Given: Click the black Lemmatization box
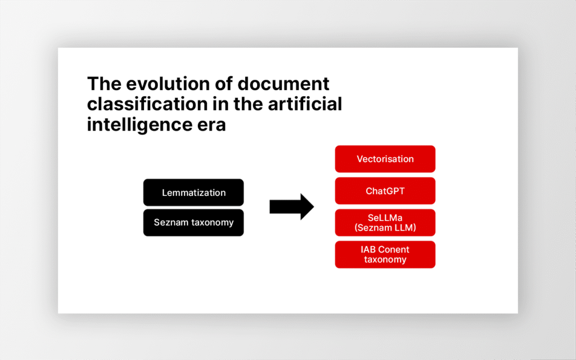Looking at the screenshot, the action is (193, 192).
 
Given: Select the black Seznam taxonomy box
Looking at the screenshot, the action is (193, 223).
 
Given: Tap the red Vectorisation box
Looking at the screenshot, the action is (385, 159).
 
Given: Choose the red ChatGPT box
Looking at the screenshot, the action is (385, 191).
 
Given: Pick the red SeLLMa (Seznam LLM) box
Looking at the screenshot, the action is (385, 223).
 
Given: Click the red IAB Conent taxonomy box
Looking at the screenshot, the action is (385, 255).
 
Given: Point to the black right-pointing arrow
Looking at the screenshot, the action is (292, 207).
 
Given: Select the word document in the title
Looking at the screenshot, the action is (283, 84).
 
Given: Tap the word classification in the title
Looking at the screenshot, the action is (147, 104).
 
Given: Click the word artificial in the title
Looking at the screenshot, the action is (305, 104).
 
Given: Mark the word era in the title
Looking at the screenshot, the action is (211, 125).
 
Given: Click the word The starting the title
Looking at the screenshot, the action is (104, 84).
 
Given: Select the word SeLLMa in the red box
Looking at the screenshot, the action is (385, 218).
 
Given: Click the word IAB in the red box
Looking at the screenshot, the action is (368, 250).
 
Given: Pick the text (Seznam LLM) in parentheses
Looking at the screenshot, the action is (385, 228).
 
